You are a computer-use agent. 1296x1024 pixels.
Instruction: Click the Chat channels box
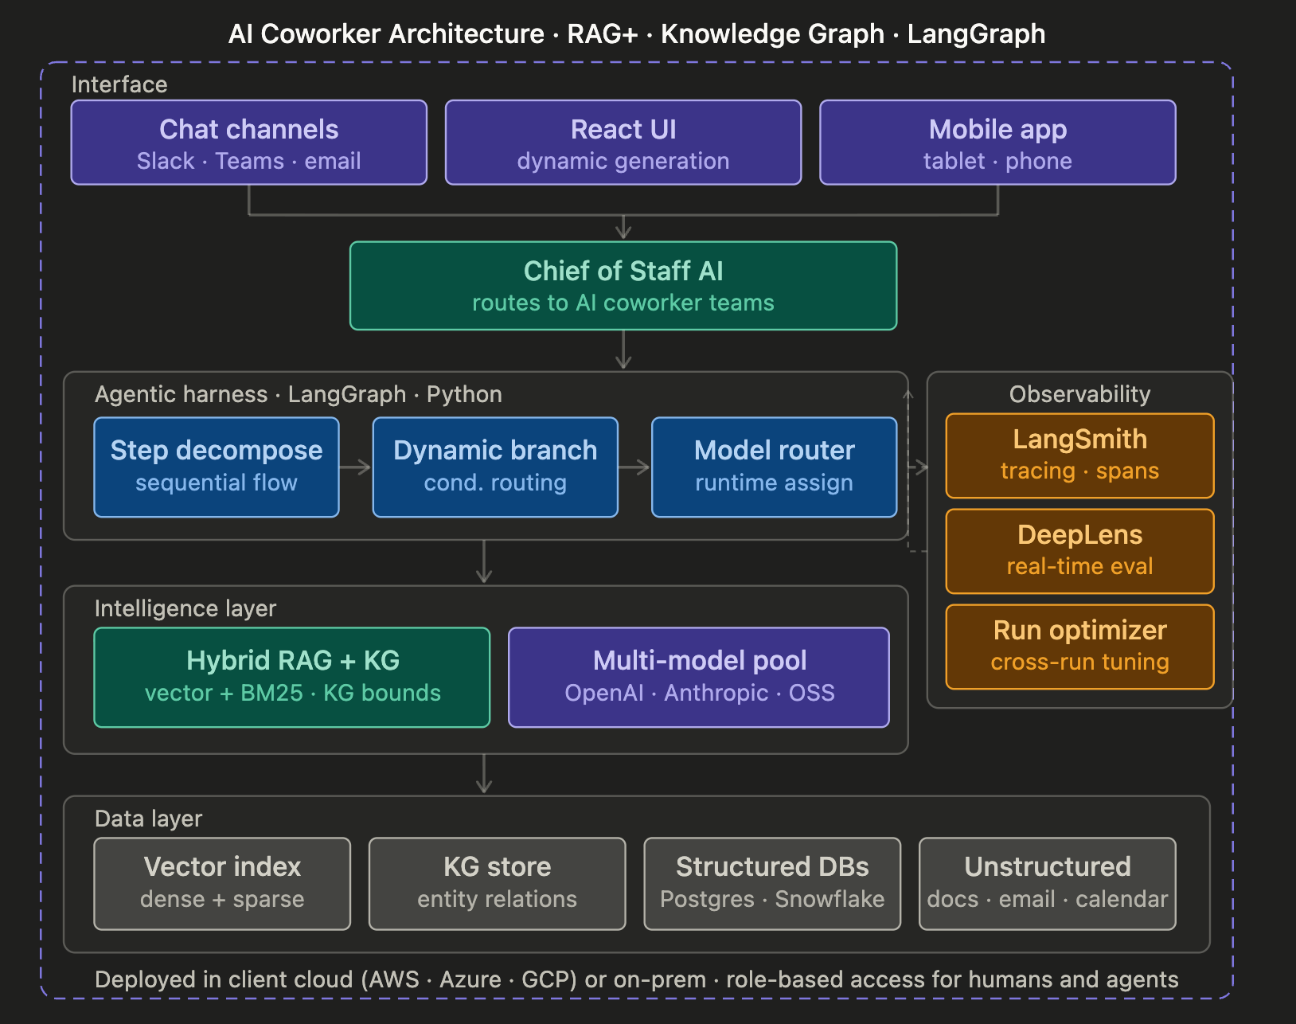[x=248, y=143]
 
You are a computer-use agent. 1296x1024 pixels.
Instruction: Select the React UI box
[x=623, y=143]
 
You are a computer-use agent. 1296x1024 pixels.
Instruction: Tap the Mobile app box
[x=998, y=143]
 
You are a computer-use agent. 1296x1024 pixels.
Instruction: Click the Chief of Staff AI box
[x=623, y=286]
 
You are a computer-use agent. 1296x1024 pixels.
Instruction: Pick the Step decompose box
[x=217, y=467]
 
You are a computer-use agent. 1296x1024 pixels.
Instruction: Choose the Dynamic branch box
[x=495, y=467]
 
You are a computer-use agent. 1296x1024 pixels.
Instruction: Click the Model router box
[x=774, y=467]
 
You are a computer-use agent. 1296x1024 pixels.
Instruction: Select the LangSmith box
[x=1079, y=456]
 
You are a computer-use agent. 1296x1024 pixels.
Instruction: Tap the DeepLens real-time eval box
[x=1079, y=551]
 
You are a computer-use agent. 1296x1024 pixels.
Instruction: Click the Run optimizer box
[x=1079, y=647]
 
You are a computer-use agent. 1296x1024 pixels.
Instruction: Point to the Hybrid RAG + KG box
[x=292, y=678]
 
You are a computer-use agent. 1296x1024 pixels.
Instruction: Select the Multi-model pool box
[x=699, y=678]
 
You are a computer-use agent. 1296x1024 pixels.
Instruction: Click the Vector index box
[x=222, y=884]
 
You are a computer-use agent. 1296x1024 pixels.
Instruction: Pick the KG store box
[x=498, y=884]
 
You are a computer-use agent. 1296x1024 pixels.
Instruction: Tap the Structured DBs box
[x=773, y=884]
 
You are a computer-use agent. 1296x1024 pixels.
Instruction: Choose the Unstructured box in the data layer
[x=1048, y=884]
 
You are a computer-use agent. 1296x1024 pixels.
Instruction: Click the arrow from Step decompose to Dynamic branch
[x=355, y=467]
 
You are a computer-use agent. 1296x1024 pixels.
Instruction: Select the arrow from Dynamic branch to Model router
[x=634, y=467]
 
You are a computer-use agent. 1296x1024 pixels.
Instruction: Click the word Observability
[x=1079, y=394]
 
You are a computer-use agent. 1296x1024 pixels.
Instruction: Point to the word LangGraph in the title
[x=976, y=34]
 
